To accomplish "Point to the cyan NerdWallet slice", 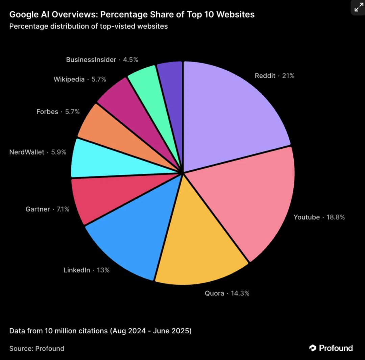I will [98, 159].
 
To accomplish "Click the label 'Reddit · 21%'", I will [274, 76].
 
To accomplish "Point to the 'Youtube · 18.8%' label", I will [319, 217].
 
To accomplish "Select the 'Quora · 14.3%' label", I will [227, 293].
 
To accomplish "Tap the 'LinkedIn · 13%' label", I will [87, 270].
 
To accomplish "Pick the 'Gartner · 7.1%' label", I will [47, 209].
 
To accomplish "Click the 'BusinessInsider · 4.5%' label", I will [102, 60].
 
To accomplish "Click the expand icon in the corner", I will [358, 7].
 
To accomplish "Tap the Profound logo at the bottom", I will [331, 348].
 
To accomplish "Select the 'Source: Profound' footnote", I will [37, 348].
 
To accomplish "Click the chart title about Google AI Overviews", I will [132, 15].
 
